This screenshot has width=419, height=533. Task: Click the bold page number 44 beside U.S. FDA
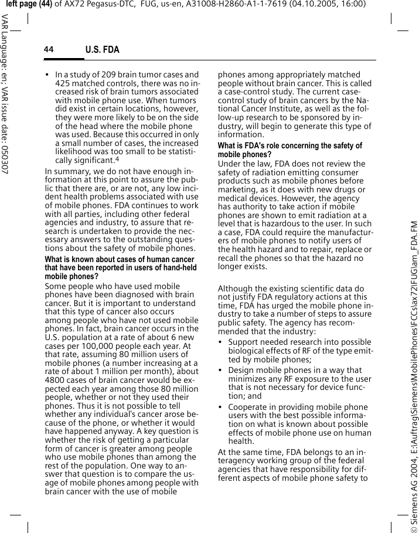(x=48, y=50)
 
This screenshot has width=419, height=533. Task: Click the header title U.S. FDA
(x=103, y=50)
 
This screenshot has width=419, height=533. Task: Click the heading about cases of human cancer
(x=120, y=267)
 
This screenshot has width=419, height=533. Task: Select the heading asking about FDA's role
(x=289, y=150)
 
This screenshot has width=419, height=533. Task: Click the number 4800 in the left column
(x=55, y=379)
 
